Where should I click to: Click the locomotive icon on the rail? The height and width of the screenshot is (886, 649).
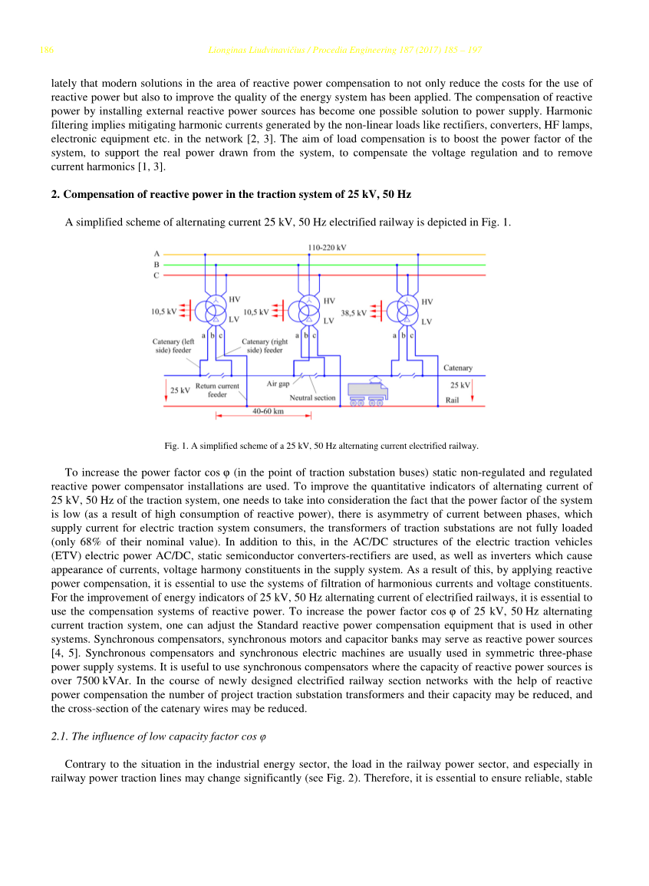pos(367,392)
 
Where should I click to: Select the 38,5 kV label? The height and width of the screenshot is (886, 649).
pos(354,312)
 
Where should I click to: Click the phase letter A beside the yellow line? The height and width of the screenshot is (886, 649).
pos(156,253)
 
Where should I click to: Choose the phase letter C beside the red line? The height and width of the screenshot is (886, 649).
pos(156,275)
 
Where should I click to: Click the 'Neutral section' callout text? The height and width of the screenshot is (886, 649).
pos(312,398)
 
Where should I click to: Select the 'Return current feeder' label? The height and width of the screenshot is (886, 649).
pos(217,390)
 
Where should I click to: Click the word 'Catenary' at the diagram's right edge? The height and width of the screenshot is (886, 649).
pos(458,368)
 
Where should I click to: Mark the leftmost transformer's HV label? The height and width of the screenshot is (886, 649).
pos(235,299)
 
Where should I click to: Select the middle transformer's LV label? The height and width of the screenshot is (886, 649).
pos(328,320)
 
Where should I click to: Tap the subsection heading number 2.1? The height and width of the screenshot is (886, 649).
pos(58,736)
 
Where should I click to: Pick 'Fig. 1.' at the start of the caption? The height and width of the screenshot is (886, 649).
pos(176,446)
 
